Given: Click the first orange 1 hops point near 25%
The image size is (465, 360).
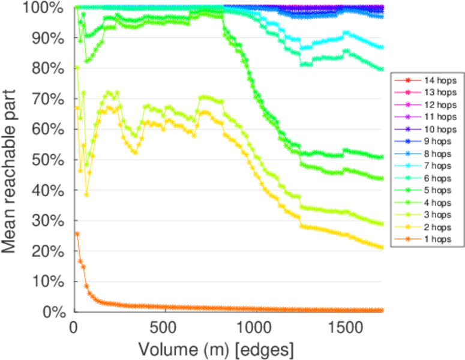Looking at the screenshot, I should pyautogui.click(x=77, y=233).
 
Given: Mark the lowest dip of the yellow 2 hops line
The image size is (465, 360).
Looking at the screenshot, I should pyautogui.click(x=86, y=194).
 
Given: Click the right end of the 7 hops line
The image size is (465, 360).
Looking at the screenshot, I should pyautogui.click(x=382, y=47).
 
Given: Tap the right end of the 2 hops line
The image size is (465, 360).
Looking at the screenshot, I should pyautogui.click(x=382, y=247).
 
